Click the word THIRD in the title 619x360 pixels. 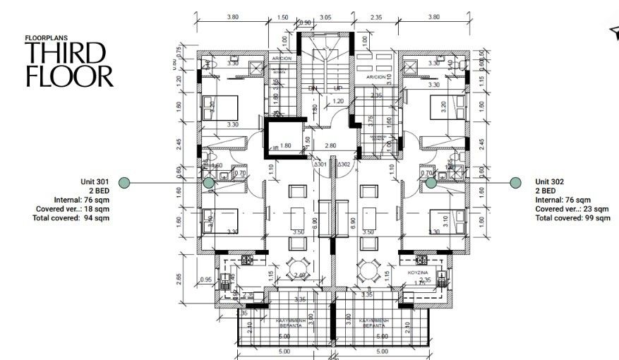click(x=66, y=52)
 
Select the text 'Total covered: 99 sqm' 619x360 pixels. click(x=572, y=218)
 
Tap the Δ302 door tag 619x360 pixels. click(x=344, y=164)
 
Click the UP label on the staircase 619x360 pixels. click(x=338, y=88)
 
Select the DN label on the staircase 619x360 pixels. click(x=313, y=88)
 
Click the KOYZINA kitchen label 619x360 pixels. click(x=421, y=272)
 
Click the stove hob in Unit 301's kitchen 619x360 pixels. click(x=248, y=261)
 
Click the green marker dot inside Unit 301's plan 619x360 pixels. click(x=209, y=183)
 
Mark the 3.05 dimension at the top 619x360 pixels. click(x=325, y=16)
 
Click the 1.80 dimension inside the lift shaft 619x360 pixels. click(x=286, y=146)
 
